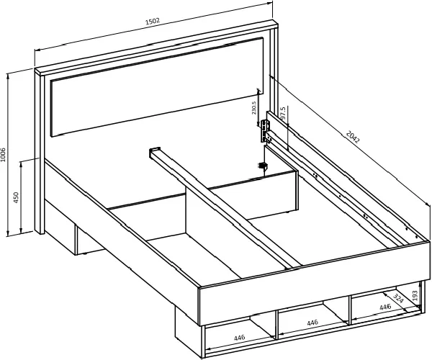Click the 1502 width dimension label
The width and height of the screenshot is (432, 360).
coord(153,22)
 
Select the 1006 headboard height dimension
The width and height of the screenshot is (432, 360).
coord(3,155)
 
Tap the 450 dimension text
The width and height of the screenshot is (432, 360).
coord(16,197)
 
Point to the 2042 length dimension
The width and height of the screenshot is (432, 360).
coord(353,137)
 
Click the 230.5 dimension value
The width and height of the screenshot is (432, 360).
coord(253,108)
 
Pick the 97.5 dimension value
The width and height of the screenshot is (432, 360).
coord(283,113)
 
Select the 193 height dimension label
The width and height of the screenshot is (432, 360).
coord(415,295)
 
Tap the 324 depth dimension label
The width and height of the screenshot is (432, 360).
coord(398,298)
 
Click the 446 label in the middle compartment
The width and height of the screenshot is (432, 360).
coord(312,323)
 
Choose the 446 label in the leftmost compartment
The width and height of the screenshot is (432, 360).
coord(240,338)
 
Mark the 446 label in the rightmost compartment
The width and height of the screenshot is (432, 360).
coord(385,307)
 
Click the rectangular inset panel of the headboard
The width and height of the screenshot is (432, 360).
coord(157,87)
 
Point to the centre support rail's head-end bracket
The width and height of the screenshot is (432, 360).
coord(154,153)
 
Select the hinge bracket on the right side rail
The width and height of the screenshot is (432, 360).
coord(265,131)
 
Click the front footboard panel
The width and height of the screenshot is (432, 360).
coord(314,283)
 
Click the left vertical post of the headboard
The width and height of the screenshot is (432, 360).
coord(40,153)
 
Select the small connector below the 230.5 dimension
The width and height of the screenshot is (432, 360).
coord(263,166)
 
